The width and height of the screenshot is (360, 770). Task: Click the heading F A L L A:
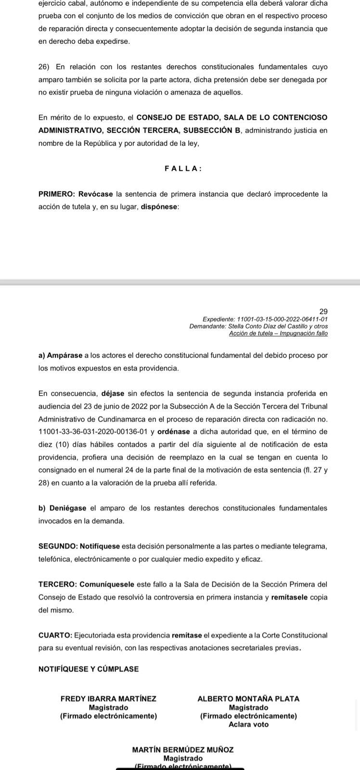(x=183, y=169)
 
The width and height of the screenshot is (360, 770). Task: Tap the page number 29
(x=323, y=312)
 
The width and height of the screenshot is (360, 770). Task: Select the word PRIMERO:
(x=56, y=194)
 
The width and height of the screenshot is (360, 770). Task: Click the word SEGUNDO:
(x=58, y=546)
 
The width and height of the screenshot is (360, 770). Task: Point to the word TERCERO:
(x=57, y=584)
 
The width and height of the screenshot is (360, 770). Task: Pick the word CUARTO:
(x=55, y=635)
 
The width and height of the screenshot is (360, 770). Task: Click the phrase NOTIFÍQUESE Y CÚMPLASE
(x=89, y=669)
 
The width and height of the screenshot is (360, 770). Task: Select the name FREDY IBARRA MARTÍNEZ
(x=108, y=699)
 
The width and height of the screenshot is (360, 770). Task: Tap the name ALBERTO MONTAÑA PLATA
(x=248, y=699)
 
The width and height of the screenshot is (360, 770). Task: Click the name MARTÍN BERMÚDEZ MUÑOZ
(x=183, y=750)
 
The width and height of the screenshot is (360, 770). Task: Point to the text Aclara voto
(x=248, y=724)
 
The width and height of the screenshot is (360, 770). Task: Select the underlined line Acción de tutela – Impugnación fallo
(x=278, y=333)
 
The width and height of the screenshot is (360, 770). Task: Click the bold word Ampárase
(x=64, y=356)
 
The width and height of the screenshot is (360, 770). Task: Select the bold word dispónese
(x=159, y=207)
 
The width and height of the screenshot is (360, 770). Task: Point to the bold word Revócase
(x=95, y=194)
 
